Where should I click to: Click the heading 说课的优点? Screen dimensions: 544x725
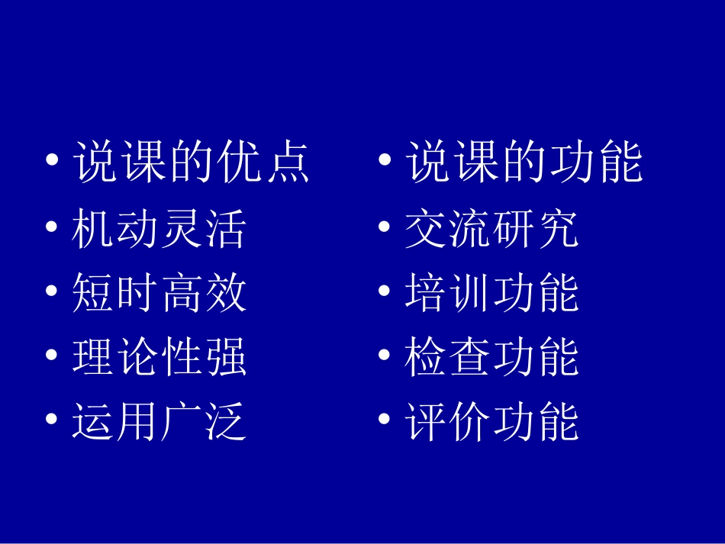tap(192, 163)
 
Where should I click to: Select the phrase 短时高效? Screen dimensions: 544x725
tap(159, 293)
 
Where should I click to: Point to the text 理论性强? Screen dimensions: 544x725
tap(159, 357)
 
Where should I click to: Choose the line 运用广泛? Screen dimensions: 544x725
tap(159, 423)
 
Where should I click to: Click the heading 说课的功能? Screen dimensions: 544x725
tap(524, 163)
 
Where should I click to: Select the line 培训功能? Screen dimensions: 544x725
tap(492, 293)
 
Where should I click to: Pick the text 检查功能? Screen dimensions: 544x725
tap(492, 357)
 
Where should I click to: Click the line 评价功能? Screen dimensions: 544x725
tap(492, 423)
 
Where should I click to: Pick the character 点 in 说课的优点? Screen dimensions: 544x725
tap(289, 163)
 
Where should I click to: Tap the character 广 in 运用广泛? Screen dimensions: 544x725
tap(182, 423)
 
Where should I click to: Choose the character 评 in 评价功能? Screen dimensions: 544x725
tap(425, 423)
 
